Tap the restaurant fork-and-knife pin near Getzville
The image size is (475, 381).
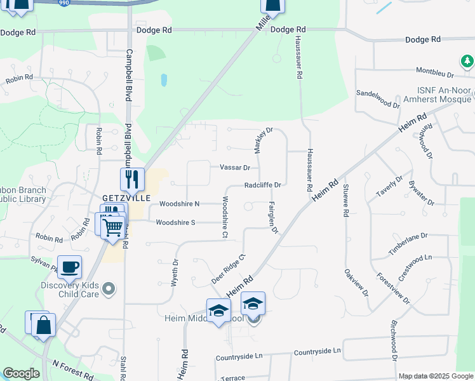pos(133,180)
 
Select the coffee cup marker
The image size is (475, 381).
pos(69,267)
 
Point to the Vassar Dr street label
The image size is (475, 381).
pos(235,168)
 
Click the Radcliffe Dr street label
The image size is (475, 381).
pos(263,185)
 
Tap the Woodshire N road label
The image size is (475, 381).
pos(180,204)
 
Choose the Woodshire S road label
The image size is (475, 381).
pos(175,222)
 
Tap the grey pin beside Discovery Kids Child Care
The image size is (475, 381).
pos(109,289)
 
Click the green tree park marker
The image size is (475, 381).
pos(467,61)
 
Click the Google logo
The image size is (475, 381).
pos(21,373)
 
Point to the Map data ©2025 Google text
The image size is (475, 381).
pos(435,376)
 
